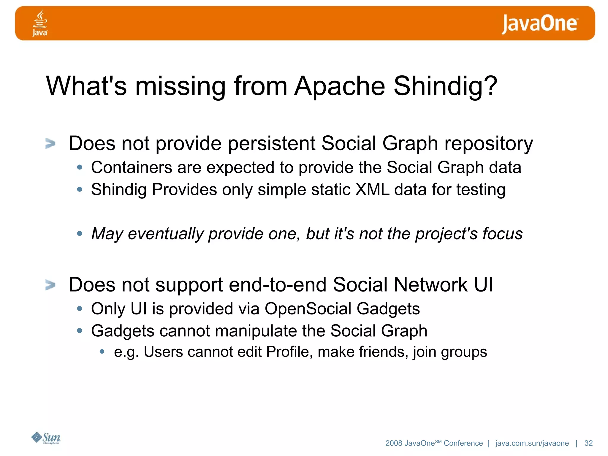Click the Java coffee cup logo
coord(40,23)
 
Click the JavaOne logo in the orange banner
coord(539,24)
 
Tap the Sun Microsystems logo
coord(46,438)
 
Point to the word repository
coord(488,144)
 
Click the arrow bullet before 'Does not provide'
coord(50,144)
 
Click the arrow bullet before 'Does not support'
coord(50,285)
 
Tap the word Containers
coord(132,167)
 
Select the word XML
coord(372,189)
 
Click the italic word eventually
coord(165,234)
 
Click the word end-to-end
coord(278,285)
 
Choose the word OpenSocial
coord(308,309)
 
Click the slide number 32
coord(588,443)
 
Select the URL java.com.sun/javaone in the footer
coord(532,443)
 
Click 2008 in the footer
coord(394,443)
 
